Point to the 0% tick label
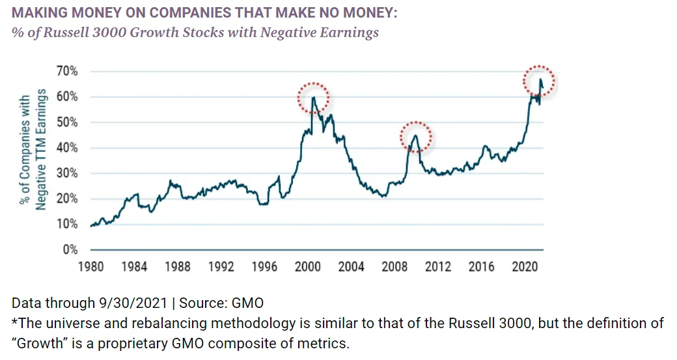click(x=70, y=250)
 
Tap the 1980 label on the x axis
click(x=90, y=266)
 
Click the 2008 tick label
click(x=394, y=266)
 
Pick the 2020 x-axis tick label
click(x=524, y=266)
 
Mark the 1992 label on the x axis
click(x=221, y=266)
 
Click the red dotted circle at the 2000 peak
click(x=313, y=99)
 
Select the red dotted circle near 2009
click(x=415, y=137)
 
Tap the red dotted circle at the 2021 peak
click(x=540, y=81)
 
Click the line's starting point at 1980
click(x=91, y=226)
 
